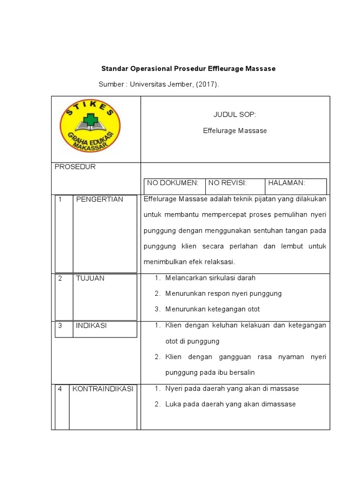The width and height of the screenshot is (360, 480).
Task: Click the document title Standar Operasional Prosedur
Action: pos(188,68)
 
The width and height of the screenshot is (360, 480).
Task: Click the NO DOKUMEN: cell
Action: pos(173,183)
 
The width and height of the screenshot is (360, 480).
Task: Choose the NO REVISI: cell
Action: pos(227,183)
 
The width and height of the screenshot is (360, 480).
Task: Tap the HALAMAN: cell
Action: pos(287,183)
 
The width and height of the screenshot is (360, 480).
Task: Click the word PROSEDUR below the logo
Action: pos(75,167)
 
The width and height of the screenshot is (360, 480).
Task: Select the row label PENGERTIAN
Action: pos(99,199)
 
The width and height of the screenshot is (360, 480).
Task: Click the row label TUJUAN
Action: pos(90,278)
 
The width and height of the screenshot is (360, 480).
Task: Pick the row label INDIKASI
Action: pos(91,325)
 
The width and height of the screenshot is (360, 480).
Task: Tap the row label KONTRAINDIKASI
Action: pos(102,389)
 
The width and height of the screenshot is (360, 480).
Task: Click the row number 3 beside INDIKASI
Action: pos(60,325)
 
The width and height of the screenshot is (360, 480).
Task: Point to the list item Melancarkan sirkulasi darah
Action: pos(210,278)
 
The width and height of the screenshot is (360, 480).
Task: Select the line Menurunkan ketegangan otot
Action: pos(212,309)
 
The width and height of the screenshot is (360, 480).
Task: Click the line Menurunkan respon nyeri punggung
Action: pos(223,293)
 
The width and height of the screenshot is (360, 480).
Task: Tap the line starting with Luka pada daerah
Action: pos(230,404)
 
